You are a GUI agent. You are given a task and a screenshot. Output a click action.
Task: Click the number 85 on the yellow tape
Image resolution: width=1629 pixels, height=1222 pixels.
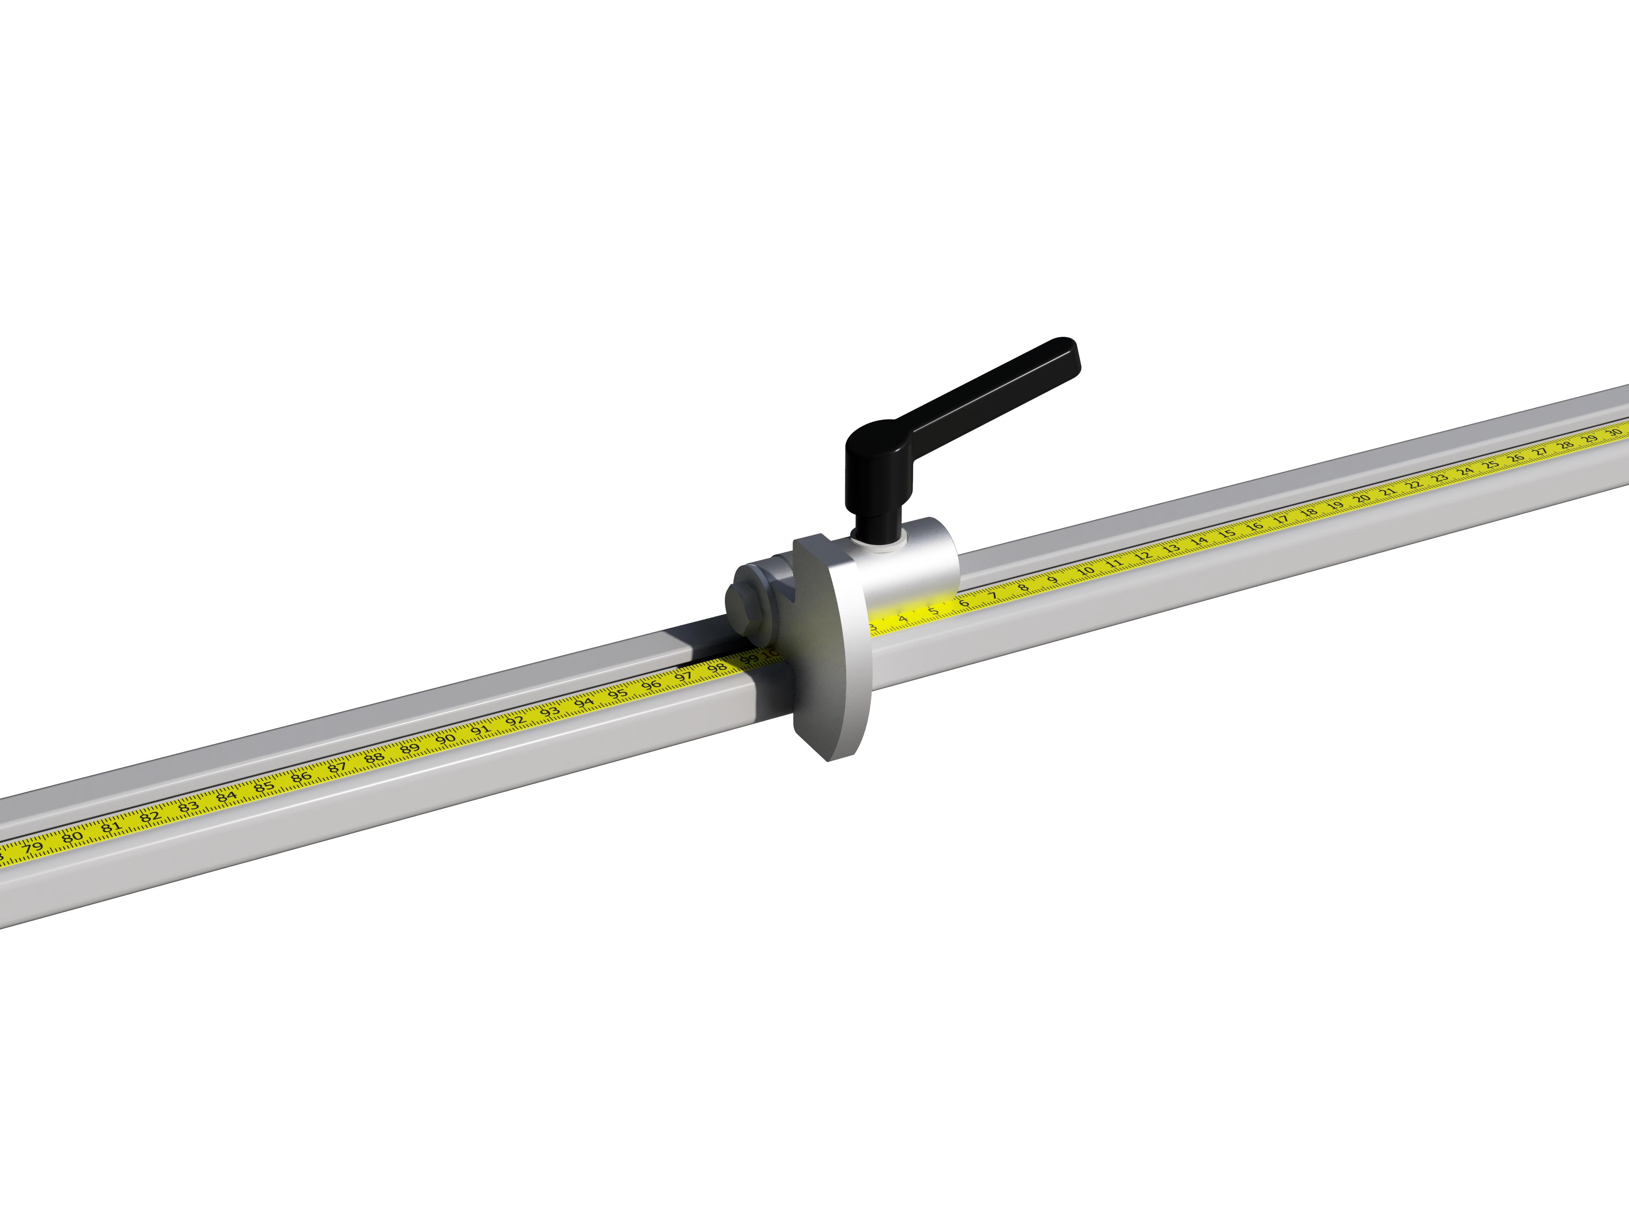263,785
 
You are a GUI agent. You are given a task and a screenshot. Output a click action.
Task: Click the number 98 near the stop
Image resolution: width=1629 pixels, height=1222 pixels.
716,668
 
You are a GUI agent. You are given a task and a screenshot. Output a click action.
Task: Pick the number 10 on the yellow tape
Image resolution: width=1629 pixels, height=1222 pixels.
1085,571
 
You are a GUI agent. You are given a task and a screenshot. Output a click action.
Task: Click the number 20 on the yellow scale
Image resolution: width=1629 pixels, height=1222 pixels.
1362,499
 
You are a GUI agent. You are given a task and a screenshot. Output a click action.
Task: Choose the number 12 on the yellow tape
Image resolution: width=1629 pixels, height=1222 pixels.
1142,556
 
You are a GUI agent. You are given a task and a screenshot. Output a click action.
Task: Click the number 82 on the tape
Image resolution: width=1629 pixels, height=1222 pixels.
149,816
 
